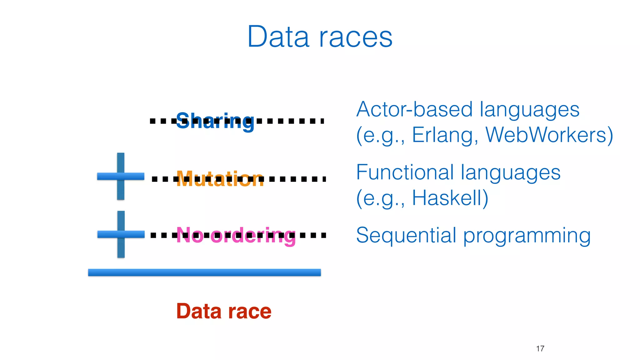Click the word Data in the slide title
278,37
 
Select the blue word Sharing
215,121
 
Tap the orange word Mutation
220,179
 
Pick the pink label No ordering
236,235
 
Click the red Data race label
224,311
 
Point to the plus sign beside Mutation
121,176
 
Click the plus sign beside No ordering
121,234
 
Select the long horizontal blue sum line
204,272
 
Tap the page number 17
540,348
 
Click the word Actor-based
414,110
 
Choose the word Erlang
445,135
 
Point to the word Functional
405,172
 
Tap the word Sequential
406,235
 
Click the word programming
527,236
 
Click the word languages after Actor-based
529,110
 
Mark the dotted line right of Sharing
291,121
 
